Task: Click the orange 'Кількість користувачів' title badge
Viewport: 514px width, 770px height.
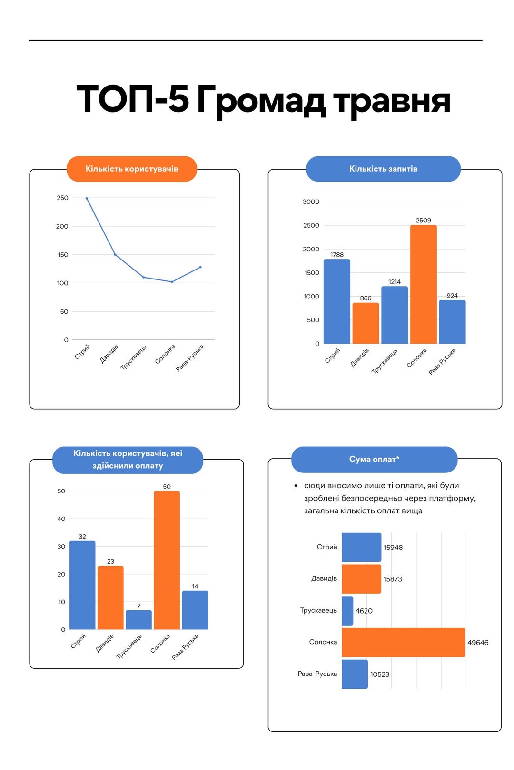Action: pyautogui.click(x=132, y=169)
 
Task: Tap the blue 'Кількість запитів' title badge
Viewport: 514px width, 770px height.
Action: pyautogui.click(x=383, y=169)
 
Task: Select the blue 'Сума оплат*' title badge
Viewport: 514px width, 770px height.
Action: pyautogui.click(x=374, y=459)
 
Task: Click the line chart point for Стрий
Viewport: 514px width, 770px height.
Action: pyautogui.click(x=87, y=198)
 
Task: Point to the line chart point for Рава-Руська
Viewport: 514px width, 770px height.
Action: pyautogui.click(x=200, y=267)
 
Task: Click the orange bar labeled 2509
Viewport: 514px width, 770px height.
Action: pyautogui.click(x=423, y=284)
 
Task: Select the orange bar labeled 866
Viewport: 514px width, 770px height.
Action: pyautogui.click(x=366, y=323)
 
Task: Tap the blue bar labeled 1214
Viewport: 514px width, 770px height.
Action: pyautogui.click(x=395, y=315)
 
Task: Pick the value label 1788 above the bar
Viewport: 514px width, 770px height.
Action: pyautogui.click(x=337, y=255)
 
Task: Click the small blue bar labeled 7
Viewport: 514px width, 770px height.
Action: pyautogui.click(x=138, y=620)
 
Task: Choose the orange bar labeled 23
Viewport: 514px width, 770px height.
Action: pyautogui.click(x=110, y=597)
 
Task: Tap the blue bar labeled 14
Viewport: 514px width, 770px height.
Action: pyautogui.click(x=195, y=610)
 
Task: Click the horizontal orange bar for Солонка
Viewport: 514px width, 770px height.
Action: pyautogui.click(x=403, y=642)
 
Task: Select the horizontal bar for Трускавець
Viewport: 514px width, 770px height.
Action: pyautogui.click(x=347, y=611)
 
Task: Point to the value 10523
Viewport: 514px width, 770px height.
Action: pyautogui.click(x=380, y=674)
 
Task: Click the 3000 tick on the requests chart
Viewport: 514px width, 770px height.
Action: pyautogui.click(x=311, y=202)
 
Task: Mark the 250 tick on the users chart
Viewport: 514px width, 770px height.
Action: pyautogui.click(x=62, y=198)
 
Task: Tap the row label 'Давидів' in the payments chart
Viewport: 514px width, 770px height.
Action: pyautogui.click(x=324, y=578)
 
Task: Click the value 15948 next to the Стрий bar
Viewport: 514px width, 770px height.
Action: pyautogui.click(x=393, y=548)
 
